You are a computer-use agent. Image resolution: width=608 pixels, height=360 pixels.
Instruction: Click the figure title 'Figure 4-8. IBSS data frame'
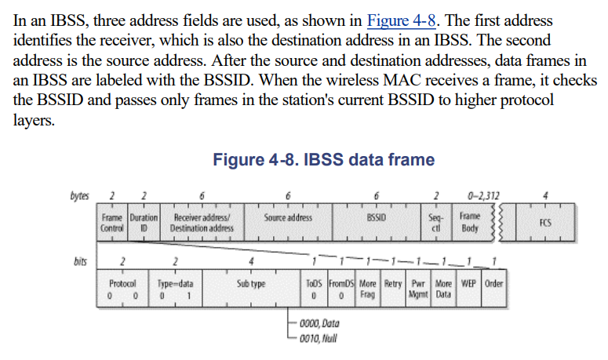323,160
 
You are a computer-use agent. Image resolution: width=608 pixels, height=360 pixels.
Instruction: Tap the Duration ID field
144,222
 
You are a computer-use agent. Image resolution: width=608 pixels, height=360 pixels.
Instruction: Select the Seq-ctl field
436,222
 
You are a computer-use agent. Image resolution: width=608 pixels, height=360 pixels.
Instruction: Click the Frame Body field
470,222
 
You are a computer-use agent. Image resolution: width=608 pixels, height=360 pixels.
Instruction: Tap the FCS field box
546,222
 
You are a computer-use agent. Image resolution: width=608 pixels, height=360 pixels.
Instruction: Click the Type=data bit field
175,288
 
